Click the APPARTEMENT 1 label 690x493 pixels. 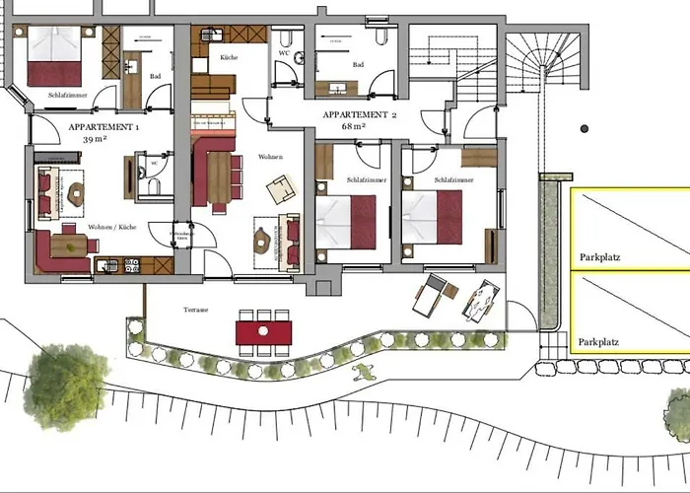pyautogui.click(x=103, y=128)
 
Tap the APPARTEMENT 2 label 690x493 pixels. pyautogui.click(x=359, y=115)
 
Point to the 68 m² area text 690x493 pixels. pyautogui.click(x=353, y=127)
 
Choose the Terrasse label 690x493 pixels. pyautogui.click(x=195, y=309)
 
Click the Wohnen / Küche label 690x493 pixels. pyautogui.click(x=109, y=227)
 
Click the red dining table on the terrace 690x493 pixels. pyautogui.click(x=263, y=330)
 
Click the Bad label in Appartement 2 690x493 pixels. pyautogui.click(x=356, y=65)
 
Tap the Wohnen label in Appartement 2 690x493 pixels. pyautogui.click(x=271, y=158)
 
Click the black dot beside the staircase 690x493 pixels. pyautogui.click(x=583, y=129)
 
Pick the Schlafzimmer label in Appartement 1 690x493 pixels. pyautogui.click(x=65, y=97)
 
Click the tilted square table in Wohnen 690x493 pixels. pyautogui.click(x=281, y=186)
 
